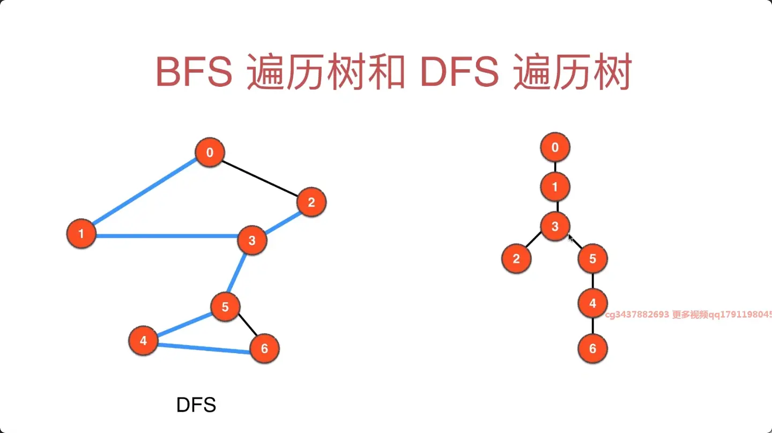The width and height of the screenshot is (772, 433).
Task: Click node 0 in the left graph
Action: [x=209, y=153]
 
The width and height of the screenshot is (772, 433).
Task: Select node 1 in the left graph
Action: [x=81, y=234]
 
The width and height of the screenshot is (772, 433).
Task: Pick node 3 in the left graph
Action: [x=251, y=241]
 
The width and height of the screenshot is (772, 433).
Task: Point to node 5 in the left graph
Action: [x=225, y=307]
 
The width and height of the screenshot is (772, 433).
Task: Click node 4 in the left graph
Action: [x=143, y=340]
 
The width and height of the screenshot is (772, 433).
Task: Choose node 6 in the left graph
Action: [x=264, y=349]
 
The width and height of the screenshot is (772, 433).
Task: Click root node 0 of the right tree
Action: [x=555, y=147]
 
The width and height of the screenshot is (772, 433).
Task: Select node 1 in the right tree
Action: [x=555, y=187]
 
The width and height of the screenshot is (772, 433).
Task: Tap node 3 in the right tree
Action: [x=555, y=227]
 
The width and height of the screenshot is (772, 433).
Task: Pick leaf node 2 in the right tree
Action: [x=516, y=259]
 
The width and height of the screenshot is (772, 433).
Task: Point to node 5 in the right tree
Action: [x=592, y=259]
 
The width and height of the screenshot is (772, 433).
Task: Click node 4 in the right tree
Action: [x=592, y=303]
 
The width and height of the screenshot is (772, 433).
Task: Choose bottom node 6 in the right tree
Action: [x=592, y=349]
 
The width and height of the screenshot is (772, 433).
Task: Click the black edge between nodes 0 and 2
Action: [x=260, y=177]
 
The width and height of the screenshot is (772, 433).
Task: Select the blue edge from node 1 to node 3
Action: [x=166, y=236]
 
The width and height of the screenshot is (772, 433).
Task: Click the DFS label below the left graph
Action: [x=196, y=405]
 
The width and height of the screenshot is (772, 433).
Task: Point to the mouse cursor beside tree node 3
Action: [x=571, y=238]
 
